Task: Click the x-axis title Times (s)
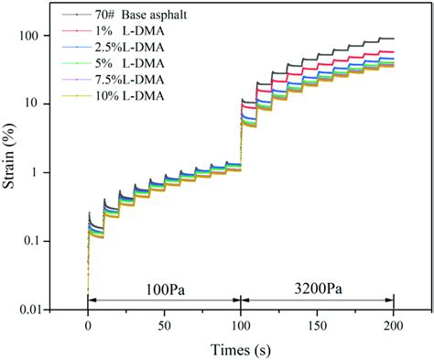coord(240,348)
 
